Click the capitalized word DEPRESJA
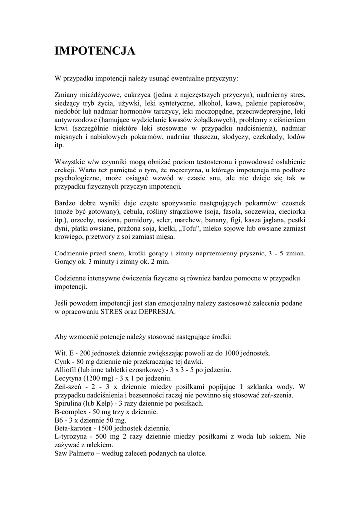coord(159,312)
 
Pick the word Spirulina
coord(69,404)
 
